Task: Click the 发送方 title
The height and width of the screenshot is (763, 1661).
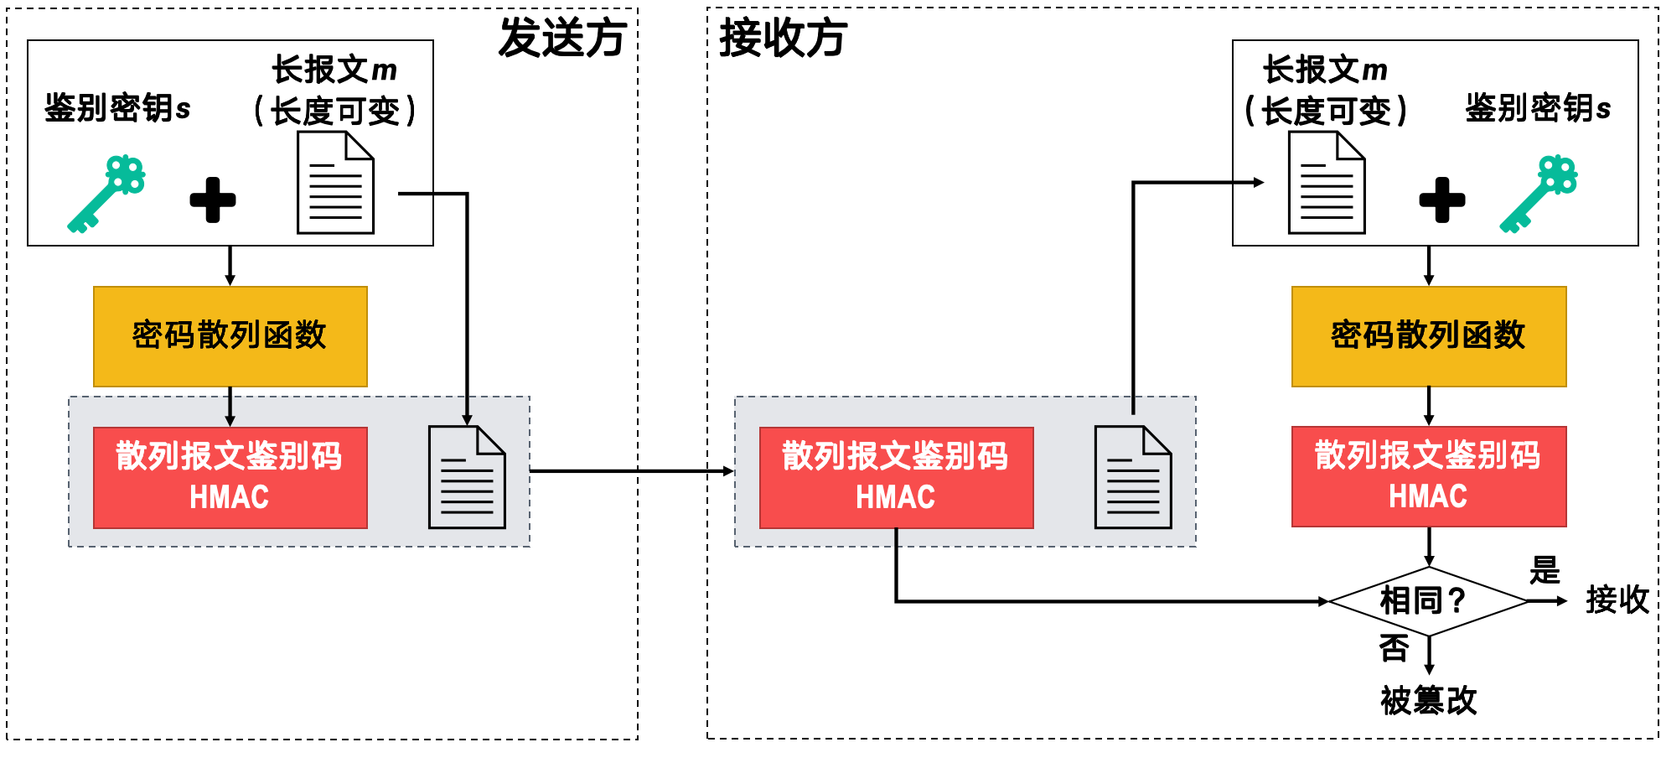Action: [562, 39]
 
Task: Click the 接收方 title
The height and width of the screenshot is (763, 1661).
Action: [784, 39]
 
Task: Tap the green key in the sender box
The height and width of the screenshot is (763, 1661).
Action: [106, 193]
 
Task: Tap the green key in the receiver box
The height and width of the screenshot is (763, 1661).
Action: [1539, 193]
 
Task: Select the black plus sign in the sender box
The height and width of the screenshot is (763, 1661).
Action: [213, 200]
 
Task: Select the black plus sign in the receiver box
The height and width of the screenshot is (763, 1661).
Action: [1442, 200]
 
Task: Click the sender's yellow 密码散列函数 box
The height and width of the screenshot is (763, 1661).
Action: [230, 336]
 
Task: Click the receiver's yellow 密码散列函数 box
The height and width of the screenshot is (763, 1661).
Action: [1429, 336]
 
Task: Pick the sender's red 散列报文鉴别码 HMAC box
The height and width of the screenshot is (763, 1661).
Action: [230, 477]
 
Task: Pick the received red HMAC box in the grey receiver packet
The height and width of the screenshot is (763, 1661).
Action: [896, 477]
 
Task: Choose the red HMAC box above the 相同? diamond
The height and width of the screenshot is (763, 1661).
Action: [1429, 476]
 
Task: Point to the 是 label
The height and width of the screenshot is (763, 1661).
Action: [1545, 571]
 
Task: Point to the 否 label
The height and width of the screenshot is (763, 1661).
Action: [1395, 647]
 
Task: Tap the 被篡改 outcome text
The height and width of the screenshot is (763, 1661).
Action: [1428, 700]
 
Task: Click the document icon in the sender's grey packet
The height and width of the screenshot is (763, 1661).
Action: [467, 477]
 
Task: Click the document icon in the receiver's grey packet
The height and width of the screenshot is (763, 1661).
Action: [1133, 477]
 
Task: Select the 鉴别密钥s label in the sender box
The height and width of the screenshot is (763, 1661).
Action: [117, 108]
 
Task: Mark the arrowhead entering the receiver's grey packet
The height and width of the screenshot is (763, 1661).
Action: [728, 471]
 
